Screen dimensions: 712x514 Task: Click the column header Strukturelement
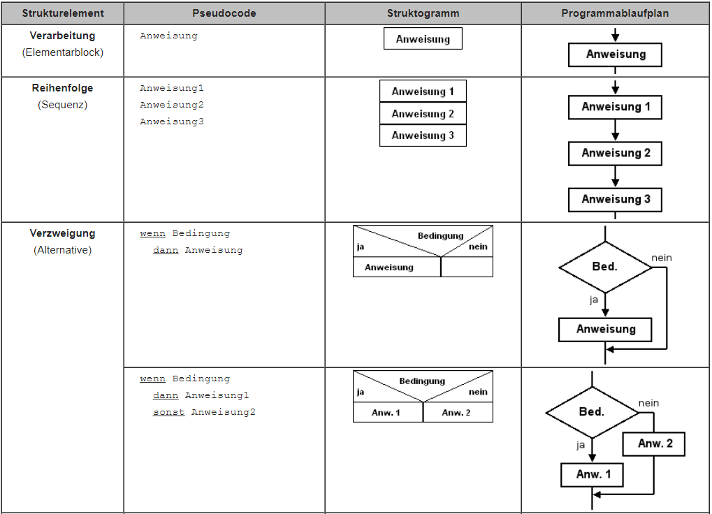[x=63, y=13]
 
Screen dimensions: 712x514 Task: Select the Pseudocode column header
[x=224, y=13]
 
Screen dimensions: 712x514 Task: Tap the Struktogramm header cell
[x=423, y=13]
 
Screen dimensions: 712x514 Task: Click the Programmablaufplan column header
[x=615, y=13]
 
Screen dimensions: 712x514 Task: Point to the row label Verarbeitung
[x=63, y=36]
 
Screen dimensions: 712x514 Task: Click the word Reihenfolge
[x=63, y=88]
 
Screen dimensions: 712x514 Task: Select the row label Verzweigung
[x=63, y=233]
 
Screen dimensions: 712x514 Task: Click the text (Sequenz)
[x=63, y=105]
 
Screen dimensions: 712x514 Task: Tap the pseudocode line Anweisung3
[x=172, y=122]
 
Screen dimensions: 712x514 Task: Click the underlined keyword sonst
[x=168, y=412]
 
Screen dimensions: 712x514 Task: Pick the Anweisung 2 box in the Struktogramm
[x=423, y=113]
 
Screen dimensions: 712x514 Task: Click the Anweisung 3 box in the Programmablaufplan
[x=615, y=200]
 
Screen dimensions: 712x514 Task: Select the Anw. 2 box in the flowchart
[x=654, y=443]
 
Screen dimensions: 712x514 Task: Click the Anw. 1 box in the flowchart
[x=592, y=474]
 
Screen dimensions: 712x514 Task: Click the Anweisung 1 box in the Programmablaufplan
[x=615, y=107]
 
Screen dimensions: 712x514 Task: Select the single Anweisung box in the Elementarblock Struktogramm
[x=423, y=38]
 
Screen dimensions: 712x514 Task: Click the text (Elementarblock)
[x=63, y=52]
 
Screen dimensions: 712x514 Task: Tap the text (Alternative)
[x=63, y=250]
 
